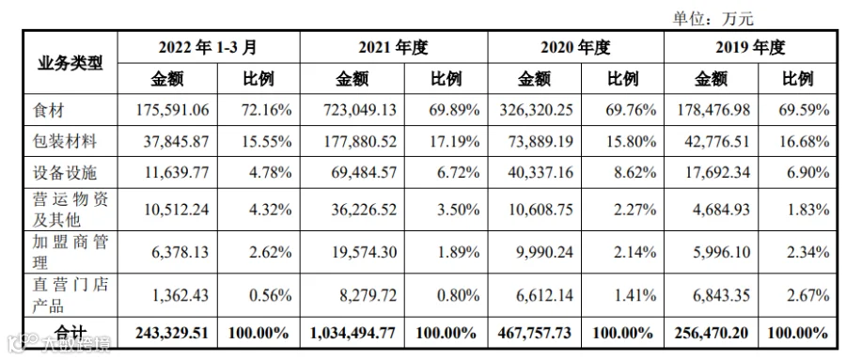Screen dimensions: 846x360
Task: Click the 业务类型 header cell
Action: [x=70, y=64]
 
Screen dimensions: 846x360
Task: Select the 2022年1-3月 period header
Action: [x=208, y=48]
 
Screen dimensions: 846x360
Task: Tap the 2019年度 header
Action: [x=750, y=48]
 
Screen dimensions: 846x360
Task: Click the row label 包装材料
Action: [x=64, y=141]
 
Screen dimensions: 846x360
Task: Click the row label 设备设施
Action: [x=64, y=173]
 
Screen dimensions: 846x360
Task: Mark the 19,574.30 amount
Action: [x=361, y=252]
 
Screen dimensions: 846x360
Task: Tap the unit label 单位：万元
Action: [x=712, y=20]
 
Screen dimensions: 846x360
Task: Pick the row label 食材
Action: [x=48, y=110]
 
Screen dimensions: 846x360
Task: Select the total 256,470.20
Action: [x=711, y=333]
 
